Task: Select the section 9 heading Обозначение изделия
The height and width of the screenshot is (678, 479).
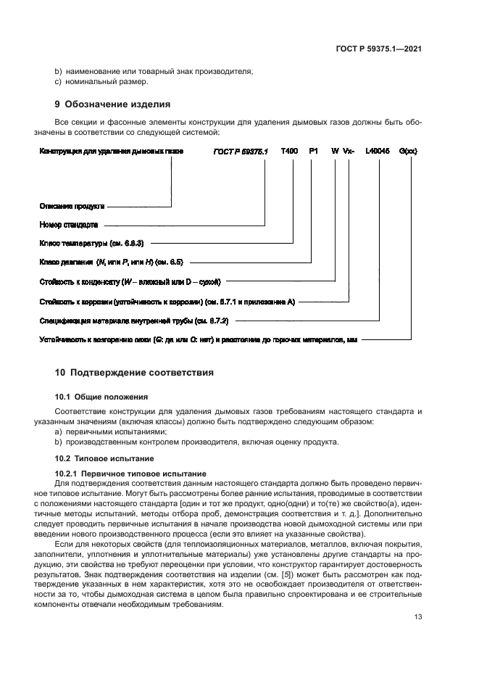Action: point(112,103)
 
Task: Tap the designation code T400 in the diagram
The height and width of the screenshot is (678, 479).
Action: point(288,152)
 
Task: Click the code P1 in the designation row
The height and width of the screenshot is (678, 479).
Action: point(313,152)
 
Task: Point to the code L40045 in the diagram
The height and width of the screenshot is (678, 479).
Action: point(378,152)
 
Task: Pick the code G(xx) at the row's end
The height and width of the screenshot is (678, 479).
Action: point(408,152)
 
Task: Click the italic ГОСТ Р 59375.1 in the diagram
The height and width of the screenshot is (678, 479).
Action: point(241,152)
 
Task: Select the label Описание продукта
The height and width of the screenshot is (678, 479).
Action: point(72,207)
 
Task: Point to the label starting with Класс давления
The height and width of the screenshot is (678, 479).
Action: point(104,262)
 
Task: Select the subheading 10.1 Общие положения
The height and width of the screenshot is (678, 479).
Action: point(101,397)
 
